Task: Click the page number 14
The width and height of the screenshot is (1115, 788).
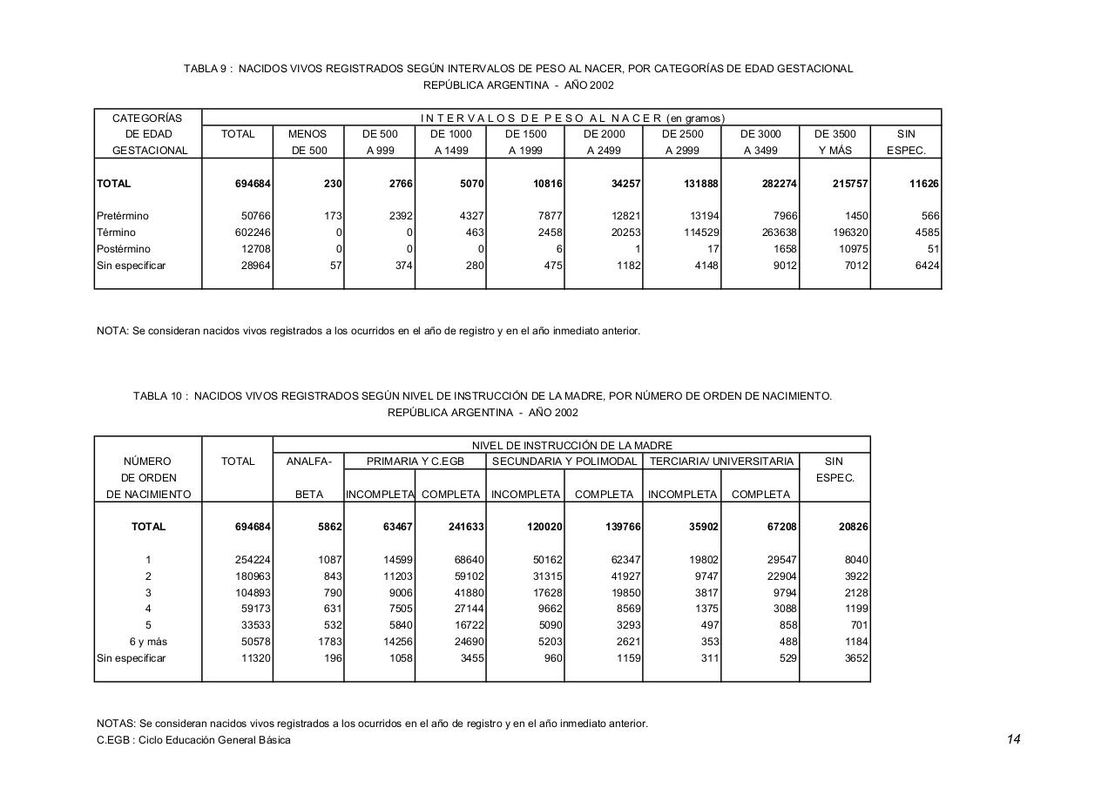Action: coord(1013,739)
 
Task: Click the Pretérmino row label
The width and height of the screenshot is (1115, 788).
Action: coord(123,216)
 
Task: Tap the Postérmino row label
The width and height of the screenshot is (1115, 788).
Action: coord(124,249)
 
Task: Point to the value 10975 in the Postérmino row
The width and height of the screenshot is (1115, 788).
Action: coord(850,249)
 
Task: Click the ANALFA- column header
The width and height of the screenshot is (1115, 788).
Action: coord(308,461)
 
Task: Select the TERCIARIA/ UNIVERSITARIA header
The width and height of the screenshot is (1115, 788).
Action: coord(720,461)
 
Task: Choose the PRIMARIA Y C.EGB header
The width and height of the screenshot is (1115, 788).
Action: coord(415,461)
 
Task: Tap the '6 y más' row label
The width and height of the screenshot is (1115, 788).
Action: coord(148,642)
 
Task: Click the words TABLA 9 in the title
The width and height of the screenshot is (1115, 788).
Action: coord(206,69)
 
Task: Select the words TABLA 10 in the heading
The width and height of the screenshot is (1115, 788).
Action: coord(159,396)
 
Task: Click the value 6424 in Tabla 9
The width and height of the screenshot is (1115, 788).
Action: coord(926,266)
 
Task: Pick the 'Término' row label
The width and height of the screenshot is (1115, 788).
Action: coord(117,232)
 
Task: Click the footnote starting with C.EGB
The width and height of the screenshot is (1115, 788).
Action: coord(194,740)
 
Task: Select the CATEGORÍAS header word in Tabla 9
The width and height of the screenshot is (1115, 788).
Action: coord(147,118)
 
